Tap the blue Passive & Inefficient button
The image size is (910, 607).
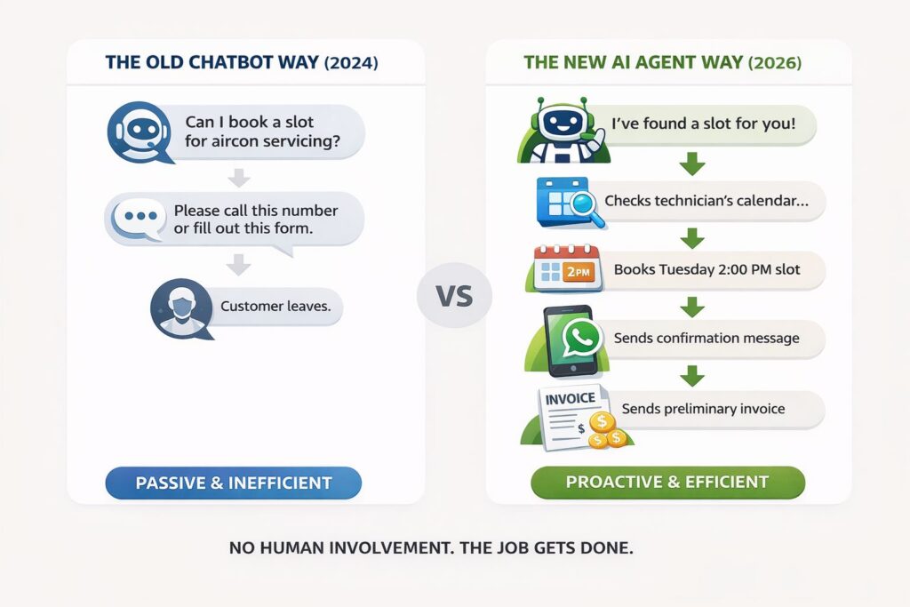[x=233, y=483]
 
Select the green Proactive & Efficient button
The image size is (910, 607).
[x=667, y=483]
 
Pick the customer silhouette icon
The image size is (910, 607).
[x=180, y=308]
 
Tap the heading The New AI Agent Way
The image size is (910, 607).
[x=663, y=63]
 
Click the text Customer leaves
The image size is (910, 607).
[x=275, y=307]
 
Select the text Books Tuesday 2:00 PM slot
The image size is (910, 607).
[x=706, y=269]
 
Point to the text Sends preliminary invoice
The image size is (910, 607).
[x=704, y=409]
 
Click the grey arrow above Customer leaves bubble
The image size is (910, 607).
[x=237, y=264]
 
